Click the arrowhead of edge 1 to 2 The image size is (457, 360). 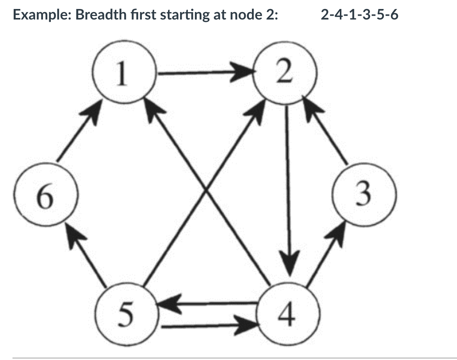click(x=245, y=73)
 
